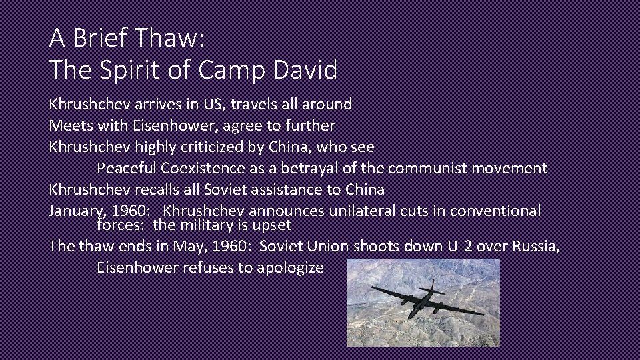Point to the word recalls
157,189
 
